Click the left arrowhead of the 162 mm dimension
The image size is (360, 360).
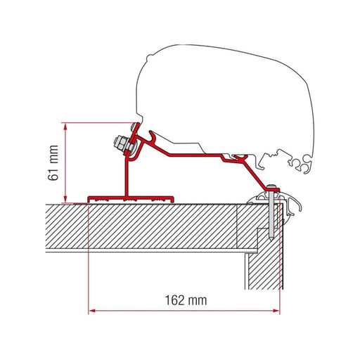(91, 309)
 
